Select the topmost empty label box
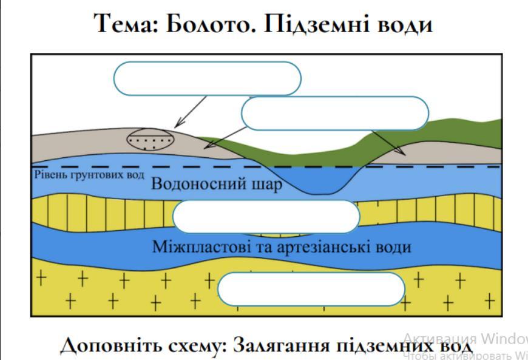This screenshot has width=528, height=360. point(208,78)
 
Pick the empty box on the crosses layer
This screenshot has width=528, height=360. point(311,290)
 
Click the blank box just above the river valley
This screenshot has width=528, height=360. point(335,113)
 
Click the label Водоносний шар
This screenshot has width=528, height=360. point(217,183)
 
